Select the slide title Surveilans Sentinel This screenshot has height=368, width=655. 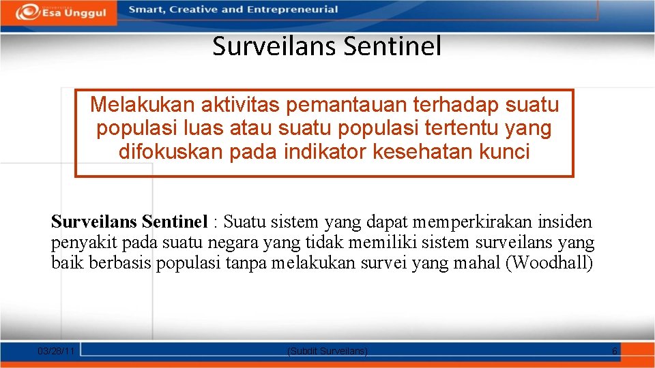point(327,46)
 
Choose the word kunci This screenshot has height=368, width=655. point(506,151)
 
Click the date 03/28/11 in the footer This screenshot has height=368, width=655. point(57,350)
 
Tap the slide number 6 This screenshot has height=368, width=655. point(614,350)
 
